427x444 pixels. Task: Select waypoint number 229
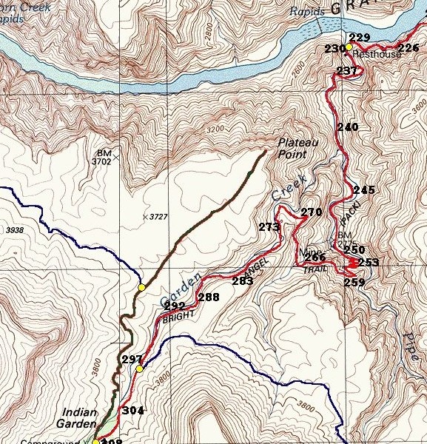click(359, 38)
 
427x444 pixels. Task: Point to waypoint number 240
click(347, 127)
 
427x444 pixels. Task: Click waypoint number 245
click(364, 190)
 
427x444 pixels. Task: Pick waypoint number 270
click(312, 212)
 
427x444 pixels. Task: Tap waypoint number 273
click(269, 226)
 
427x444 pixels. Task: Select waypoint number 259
click(354, 282)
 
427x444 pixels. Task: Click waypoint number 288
click(209, 297)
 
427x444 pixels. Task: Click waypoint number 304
click(132, 411)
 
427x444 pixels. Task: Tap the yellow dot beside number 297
click(139, 368)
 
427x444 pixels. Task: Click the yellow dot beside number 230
click(349, 47)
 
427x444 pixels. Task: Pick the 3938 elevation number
click(14, 231)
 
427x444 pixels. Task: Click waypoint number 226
click(409, 49)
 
